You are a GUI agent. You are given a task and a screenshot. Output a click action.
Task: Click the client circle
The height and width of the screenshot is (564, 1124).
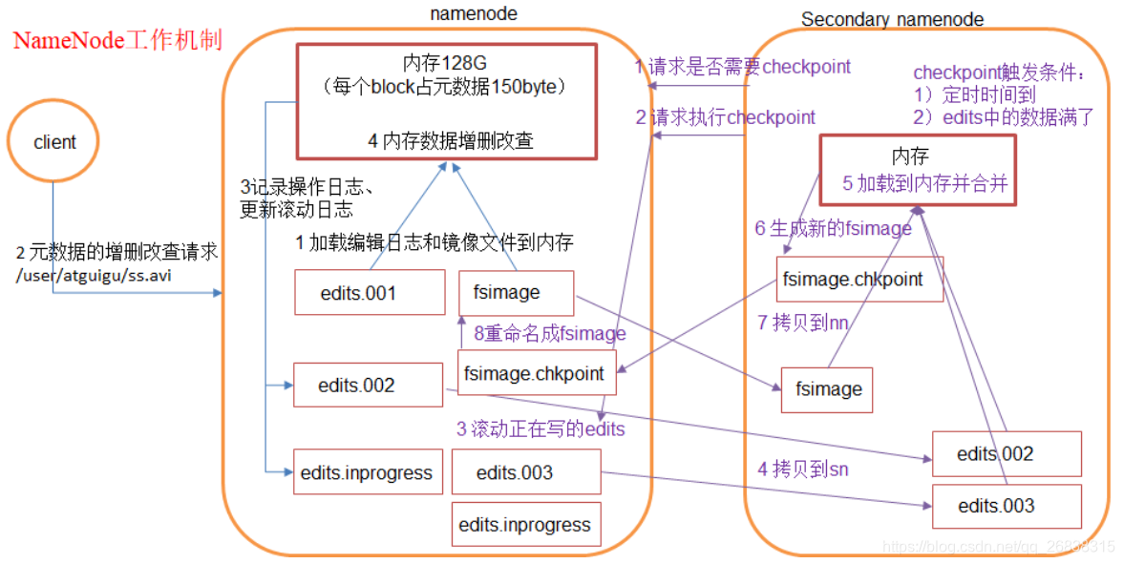point(54,142)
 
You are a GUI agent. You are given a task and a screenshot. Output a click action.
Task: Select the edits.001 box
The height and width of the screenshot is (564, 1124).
point(369,292)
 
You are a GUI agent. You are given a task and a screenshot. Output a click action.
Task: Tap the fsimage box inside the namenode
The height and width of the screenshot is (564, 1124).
point(516,292)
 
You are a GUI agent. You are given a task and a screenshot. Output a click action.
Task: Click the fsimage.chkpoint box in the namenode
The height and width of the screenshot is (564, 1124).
point(534,373)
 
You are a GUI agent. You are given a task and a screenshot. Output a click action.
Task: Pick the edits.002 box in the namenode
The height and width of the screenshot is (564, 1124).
point(369,386)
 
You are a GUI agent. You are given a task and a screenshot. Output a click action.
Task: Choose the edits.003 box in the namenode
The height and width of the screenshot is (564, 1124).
point(525,472)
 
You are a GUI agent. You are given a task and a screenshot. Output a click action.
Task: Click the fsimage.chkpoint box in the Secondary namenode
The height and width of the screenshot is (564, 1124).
point(859,279)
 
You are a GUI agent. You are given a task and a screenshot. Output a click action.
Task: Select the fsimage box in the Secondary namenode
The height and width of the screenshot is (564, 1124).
point(827,389)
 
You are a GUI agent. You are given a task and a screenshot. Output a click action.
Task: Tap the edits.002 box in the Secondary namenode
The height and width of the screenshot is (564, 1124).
point(1007,453)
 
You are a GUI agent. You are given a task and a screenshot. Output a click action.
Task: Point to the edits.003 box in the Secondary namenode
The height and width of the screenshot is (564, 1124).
point(1007,506)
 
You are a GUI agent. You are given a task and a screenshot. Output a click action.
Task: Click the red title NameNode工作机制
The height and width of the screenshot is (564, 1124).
point(117,41)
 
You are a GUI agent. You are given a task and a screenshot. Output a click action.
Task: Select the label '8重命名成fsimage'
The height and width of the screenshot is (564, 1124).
point(549,333)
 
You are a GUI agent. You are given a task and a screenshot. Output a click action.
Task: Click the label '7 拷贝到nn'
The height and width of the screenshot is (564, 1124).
point(802,323)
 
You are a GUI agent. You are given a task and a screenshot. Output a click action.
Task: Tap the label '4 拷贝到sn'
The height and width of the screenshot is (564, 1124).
point(802,469)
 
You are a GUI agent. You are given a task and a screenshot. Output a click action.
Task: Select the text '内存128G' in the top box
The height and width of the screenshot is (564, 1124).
point(446,64)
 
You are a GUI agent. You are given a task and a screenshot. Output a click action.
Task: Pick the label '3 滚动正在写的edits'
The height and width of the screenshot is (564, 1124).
point(540,428)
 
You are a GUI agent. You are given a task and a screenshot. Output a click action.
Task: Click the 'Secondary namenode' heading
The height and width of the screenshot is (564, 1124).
point(892,19)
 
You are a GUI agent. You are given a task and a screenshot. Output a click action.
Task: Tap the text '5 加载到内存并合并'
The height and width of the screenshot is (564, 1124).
point(924,184)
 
